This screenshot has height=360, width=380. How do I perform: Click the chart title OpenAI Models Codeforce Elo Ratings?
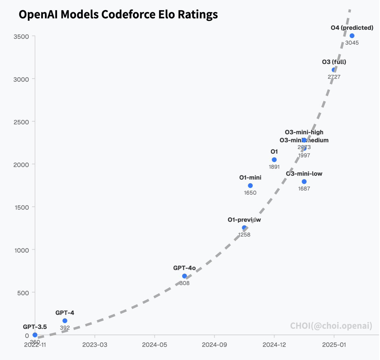118,15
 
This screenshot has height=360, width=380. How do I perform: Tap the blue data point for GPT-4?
65,321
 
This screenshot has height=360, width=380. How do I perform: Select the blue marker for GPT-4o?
185,276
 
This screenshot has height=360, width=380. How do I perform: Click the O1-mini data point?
250,186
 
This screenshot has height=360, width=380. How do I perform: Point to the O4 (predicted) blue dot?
352,36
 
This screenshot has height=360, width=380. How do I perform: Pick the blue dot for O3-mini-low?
304,181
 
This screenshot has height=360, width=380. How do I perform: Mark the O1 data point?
274,160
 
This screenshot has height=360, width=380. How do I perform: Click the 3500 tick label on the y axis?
21,36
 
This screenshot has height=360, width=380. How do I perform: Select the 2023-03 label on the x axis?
95,345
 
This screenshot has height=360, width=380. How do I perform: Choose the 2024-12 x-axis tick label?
274,345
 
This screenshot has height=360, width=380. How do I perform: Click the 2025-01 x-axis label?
334,345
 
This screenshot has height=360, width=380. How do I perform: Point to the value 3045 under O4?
352,43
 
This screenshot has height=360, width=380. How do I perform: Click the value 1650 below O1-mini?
250,193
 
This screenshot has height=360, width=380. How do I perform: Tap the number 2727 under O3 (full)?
334,77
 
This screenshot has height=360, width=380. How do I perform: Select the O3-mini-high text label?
304,132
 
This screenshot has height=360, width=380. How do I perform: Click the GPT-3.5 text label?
35,327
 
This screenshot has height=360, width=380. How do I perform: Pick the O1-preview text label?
244,220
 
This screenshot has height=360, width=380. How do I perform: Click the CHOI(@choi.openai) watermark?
331,325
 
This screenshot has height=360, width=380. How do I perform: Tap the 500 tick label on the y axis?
23,293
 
